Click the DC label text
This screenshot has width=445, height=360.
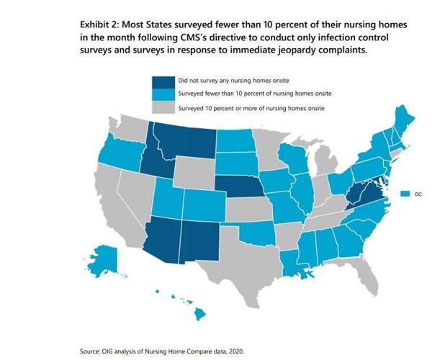click(418, 194)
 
